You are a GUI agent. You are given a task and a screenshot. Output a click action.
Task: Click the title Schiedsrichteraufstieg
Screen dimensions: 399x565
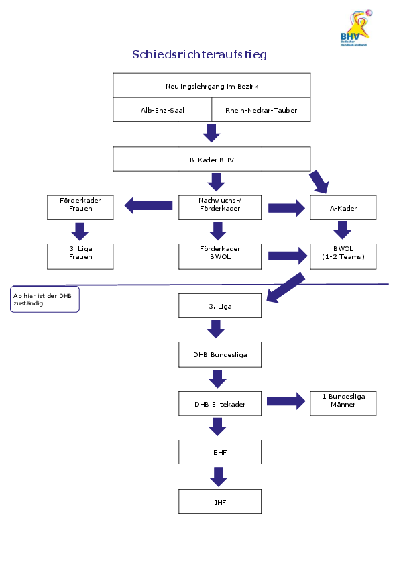coord(199,54)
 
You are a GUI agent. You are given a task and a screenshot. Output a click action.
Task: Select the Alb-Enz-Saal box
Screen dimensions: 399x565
coord(162,110)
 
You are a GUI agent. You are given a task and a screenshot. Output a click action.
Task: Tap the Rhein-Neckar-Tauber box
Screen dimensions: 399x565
coord(261,110)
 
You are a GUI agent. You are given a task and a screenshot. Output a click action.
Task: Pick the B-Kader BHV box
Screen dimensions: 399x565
coord(212,159)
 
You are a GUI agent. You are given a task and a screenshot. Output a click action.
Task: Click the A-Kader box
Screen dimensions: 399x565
coord(343,208)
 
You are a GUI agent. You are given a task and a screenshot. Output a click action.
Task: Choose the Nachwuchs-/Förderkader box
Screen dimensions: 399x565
coord(220,208)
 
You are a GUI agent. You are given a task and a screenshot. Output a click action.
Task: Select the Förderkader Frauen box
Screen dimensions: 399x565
coord(80,208)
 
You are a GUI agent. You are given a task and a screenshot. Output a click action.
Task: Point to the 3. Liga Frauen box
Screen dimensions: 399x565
coord(80,256)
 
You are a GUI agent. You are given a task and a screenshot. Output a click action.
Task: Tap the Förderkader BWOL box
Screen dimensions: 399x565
coord(220,256)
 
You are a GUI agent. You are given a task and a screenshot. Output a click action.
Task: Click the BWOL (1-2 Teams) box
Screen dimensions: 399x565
coord(343,256)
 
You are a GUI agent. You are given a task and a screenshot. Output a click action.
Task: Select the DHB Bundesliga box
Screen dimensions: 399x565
coord(220,354)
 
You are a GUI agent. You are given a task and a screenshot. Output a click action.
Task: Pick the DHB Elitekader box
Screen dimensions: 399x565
coord(220,403)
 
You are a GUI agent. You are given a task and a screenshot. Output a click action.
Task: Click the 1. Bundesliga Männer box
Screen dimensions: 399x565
coord(343,403)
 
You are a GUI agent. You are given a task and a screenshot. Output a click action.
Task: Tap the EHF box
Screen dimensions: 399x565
coord(220,452)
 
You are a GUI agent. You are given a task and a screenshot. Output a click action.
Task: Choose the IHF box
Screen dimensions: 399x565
coord(220,501)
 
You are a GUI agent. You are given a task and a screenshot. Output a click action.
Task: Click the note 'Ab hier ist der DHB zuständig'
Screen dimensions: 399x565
coord(45,299)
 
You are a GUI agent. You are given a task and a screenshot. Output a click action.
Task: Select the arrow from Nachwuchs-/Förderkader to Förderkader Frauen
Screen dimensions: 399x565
coord(148,205)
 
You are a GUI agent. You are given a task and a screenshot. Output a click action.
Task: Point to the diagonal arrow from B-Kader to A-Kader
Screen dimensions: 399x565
coord(319,182)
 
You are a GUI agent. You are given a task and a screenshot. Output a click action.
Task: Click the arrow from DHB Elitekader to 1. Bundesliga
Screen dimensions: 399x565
coord(286,401)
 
